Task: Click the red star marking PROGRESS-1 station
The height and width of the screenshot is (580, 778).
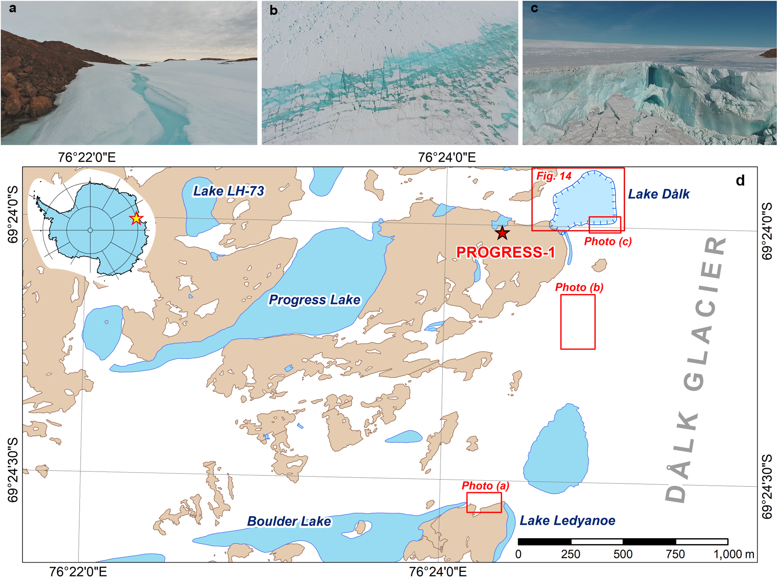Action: (x=502, y=233)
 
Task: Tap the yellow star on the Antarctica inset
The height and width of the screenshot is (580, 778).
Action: (x=136, y=218)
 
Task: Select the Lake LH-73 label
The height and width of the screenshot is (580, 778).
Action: (x=229, y=191)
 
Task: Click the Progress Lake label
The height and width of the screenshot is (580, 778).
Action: (x=315, y=300)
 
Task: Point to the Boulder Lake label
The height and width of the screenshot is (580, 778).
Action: (x=289, y=521)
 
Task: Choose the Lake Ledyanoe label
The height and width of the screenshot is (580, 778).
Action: (x=567, y=520)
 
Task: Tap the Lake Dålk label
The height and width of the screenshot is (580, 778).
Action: (x=659, y=194)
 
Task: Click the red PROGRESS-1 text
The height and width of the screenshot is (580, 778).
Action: (x=506, y=252)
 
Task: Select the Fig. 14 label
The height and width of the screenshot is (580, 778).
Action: (x=554, y=176)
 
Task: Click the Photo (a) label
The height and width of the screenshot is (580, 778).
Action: (x=485, y=486)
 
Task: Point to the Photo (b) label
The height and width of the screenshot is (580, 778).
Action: (x=579, y=287)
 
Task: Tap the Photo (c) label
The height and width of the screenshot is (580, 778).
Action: (x=608, y=242)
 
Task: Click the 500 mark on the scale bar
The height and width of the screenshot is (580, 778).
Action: (x=623, y=554)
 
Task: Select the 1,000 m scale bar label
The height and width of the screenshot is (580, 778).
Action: (x=734, y=554)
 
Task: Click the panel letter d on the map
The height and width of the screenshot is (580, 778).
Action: (x=740, y=180)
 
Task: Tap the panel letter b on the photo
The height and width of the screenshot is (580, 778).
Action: (x=273, y=10)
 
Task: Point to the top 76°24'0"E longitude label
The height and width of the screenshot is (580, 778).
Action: (x=447, y=158)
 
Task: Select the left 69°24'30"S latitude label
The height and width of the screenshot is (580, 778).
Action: (x=13, y=469)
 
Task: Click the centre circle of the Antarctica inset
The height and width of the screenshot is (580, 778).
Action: (x=90, y=230)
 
